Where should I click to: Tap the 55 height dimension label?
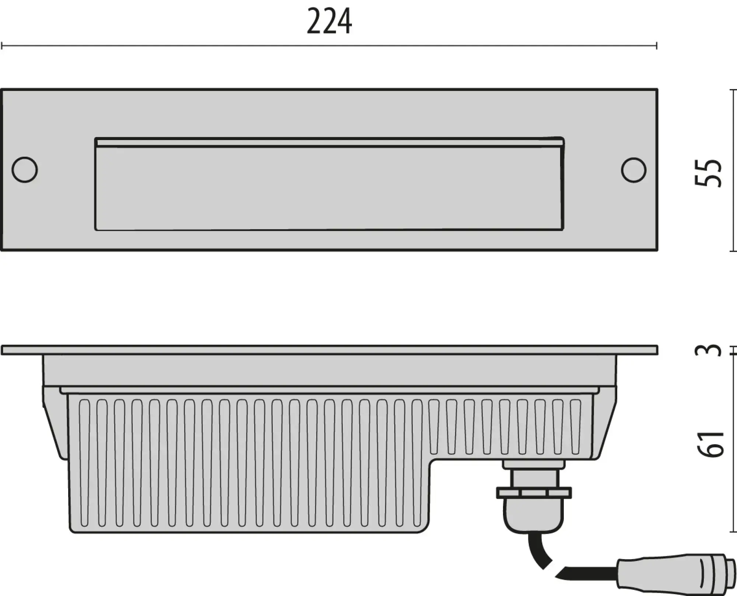[708, 173]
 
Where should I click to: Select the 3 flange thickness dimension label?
[708, 350]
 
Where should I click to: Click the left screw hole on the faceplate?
[25, 170]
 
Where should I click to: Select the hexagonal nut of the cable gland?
[534, 492]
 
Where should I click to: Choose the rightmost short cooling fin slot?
[575, 427]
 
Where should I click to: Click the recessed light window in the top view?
[329, 188]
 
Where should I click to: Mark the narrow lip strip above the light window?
[329, 143]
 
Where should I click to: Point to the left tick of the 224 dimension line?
[2, 46]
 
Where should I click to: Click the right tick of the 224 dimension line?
[656, 46]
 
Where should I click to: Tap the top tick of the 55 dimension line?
[733, 90]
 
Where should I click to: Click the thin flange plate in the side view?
[329, 350]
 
